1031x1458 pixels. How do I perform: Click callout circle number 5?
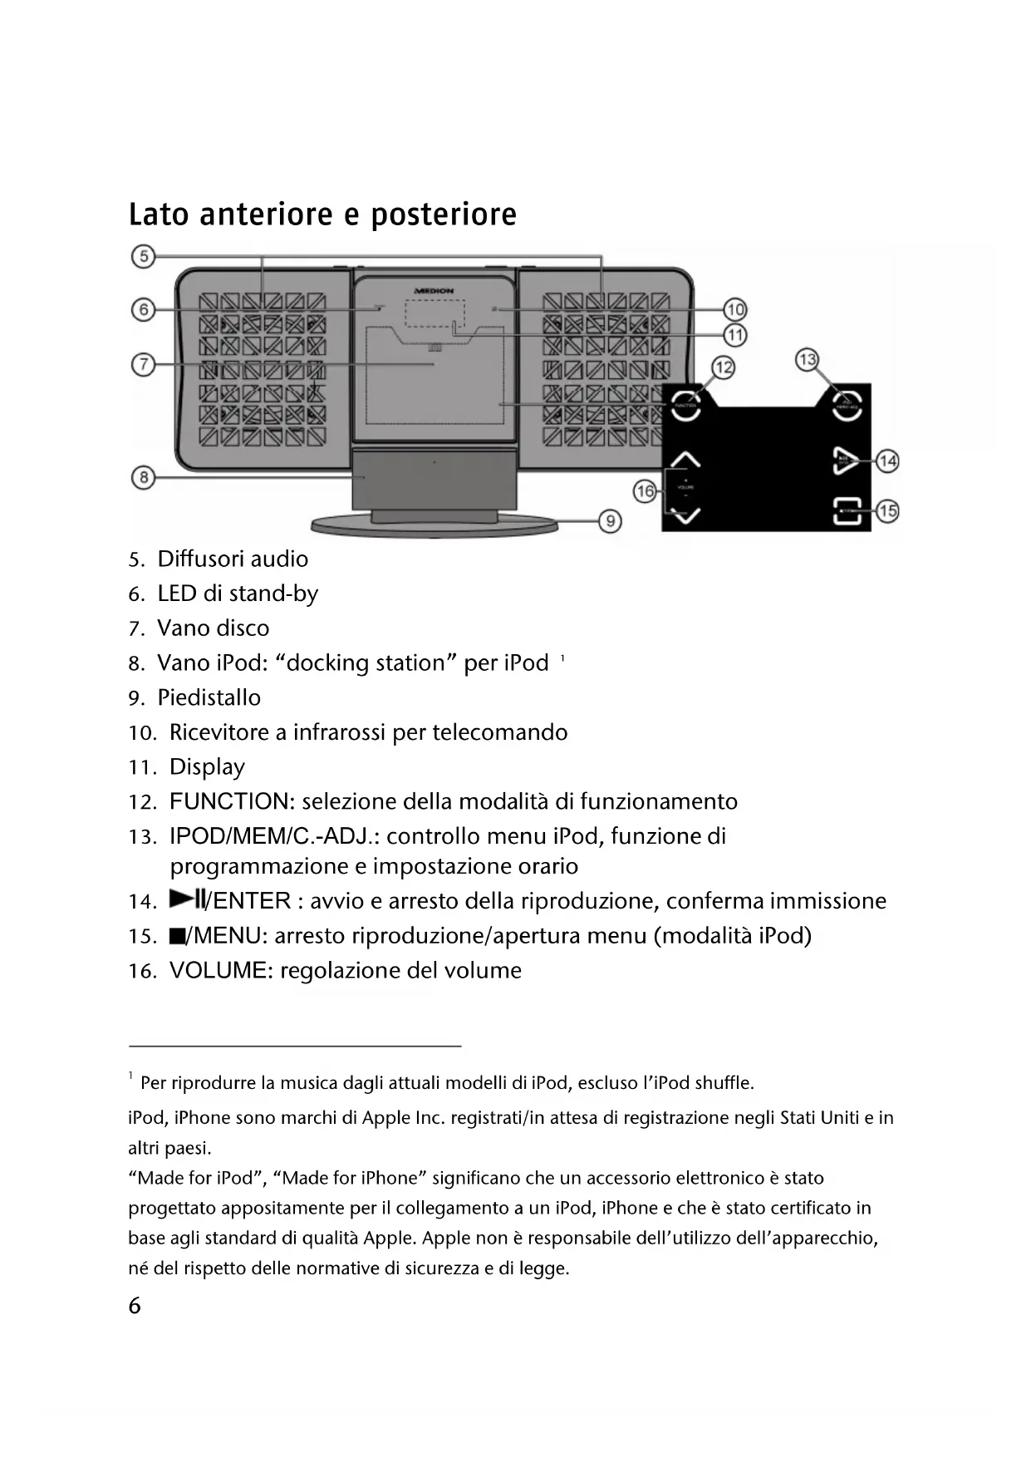click(x=144, y=256)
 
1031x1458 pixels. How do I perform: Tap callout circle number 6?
click(x=144, y=310)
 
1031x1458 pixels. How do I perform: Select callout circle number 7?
click(x=144, y=364)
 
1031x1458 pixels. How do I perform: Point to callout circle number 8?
click(x=144, y=477)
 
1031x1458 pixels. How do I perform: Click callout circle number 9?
click(x=610, y=521)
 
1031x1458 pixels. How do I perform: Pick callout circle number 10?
click(x=735, y=310)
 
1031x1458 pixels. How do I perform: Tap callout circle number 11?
click(x=735, y=335)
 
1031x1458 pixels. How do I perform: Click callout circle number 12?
click(x=724, y=367)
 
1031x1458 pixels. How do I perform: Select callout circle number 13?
click(x=807, y=360)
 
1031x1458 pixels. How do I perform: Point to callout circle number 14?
click(x=888, y=461)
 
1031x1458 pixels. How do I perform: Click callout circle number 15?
click(x=888, y=510)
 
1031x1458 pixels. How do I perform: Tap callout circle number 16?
click(x=646, y=491)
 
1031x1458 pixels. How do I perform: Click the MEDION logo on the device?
click(x=434, y=291)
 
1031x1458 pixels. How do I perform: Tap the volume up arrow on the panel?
click(x=686, y=460)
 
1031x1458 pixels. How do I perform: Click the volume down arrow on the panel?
click(x=686, y=516)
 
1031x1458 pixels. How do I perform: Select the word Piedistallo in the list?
click(x=209, y=697)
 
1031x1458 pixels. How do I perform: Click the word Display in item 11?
click(x=207, y=767)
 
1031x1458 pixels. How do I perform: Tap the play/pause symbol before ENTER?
click(x=187, y=899)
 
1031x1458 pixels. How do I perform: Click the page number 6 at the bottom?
click(x=135, y=1306)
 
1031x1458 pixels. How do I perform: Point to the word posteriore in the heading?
click(x=444, y=214)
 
